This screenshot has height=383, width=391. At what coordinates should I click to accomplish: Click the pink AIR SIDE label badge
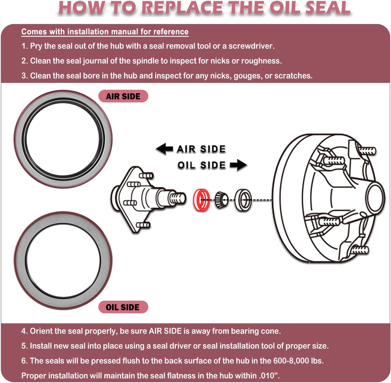tap(123, 96)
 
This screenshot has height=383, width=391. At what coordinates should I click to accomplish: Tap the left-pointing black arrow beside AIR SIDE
tap(164, 149)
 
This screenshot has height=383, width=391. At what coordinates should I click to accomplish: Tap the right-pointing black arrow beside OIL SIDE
tap(238, 165)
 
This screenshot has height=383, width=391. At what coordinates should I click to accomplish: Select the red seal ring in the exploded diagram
tap(201, 200)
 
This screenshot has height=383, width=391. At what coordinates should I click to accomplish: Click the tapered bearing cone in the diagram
tap(221, 200)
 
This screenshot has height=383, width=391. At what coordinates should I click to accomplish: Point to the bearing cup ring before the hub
tap(243, 200)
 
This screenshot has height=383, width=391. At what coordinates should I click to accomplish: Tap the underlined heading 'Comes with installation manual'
tap(105, 32)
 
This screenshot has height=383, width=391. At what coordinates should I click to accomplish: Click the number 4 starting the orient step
tap(24, 331)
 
